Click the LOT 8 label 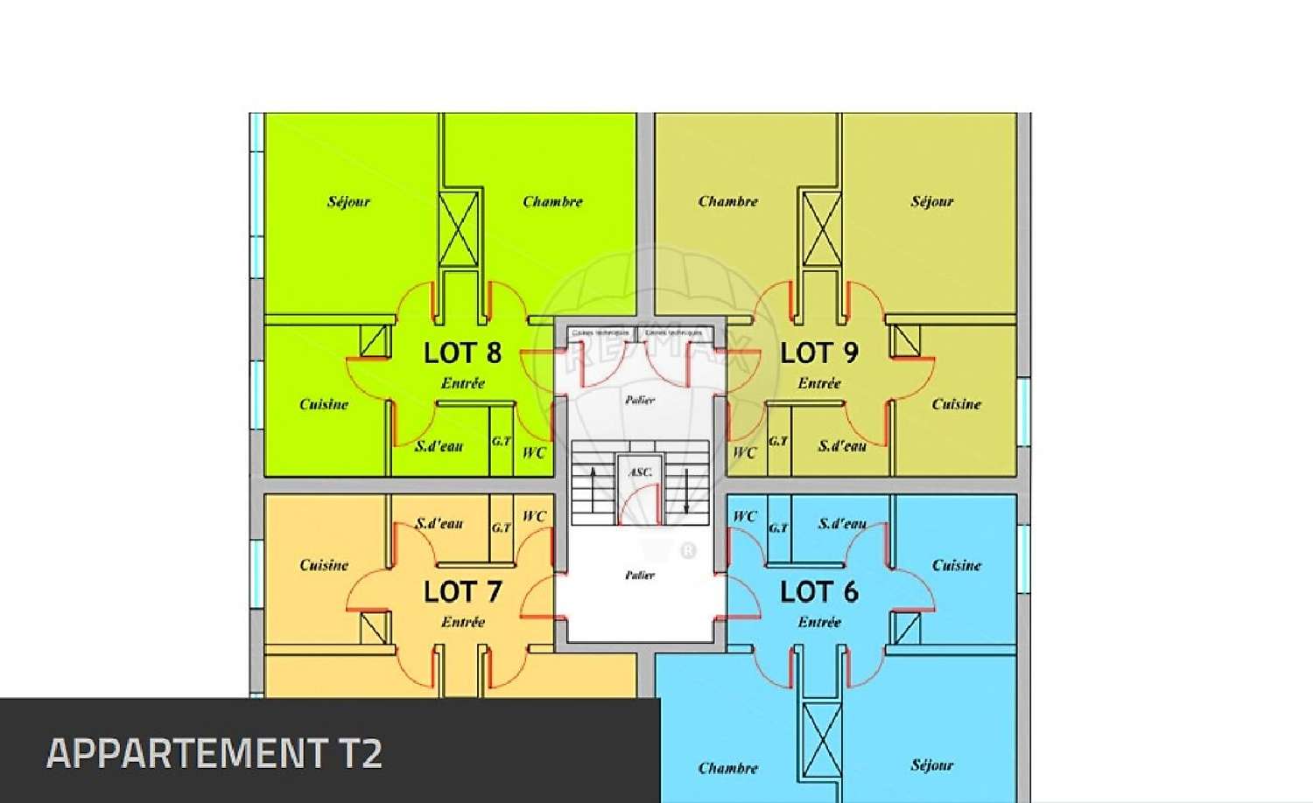pos(462,353)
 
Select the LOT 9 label pos(818,353)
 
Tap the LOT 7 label pos(462,591)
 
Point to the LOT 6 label pos(818,591)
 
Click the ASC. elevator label pos(640,472)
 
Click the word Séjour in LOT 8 pos(348,201)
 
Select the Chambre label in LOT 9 pos(727,201)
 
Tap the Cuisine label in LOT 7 pos(324,565)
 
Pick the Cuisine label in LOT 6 pos(956,565)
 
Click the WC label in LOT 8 pos(534,452)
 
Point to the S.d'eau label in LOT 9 pos(842,446)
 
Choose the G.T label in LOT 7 pos(502,527)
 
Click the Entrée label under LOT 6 pos(818,622)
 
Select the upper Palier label pos(640,400)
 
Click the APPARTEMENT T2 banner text pos(214,753)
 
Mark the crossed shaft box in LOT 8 pos(459,227)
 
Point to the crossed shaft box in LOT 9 pos(821,227)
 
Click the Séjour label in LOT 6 pos(931,765)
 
